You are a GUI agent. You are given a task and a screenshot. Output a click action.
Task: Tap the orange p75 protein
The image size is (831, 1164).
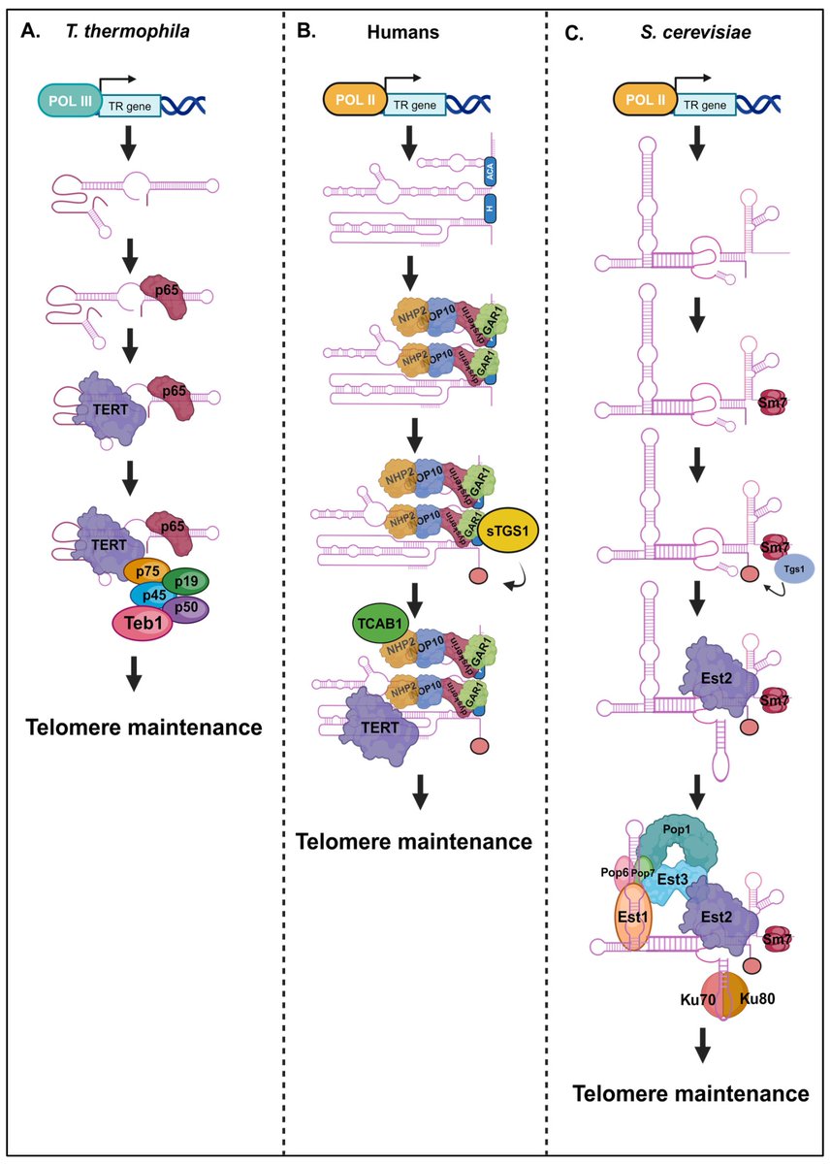click(147, 572)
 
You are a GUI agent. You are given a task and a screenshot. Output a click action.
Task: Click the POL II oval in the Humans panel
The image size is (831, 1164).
click(354, 99)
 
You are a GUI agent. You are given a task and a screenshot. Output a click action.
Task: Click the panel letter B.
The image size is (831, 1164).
click(305, 30)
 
